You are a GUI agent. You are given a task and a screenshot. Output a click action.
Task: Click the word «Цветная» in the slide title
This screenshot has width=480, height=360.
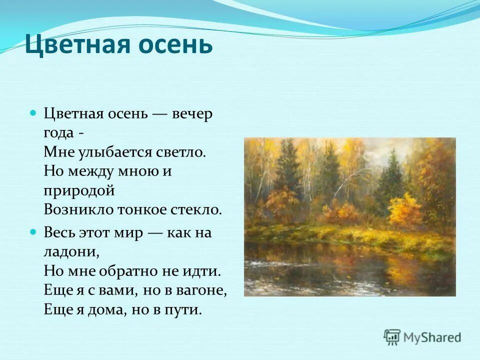coord(73,45)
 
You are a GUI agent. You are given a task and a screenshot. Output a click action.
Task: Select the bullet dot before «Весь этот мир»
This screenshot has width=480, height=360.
coord(33,232)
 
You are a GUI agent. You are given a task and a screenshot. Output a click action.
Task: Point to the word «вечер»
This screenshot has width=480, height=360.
coord(192,114)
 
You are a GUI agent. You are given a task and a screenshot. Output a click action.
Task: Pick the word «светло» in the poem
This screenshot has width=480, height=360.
coord(180,152)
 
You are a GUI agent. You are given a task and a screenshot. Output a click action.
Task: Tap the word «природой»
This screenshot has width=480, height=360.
coord(79,190)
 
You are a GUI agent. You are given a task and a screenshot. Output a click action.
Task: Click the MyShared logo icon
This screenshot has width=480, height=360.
coord(392,337)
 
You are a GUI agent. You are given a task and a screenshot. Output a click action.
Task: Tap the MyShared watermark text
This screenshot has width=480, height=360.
coord(432,338)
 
